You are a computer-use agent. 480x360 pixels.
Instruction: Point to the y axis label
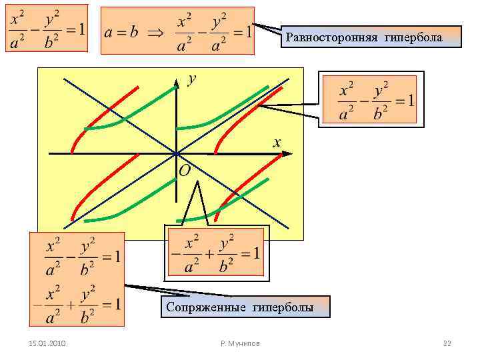[192, 79]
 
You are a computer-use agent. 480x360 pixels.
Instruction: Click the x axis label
[277, 141]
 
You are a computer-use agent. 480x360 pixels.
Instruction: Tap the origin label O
[185, 171]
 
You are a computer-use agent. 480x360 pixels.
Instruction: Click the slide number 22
[447, 343]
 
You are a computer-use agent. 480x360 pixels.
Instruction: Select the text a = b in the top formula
[122, 31]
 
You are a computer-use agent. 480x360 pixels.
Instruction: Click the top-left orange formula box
[46, 29]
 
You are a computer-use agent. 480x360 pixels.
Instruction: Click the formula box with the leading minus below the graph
[216, 253]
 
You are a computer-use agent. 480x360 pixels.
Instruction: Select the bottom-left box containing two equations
[77, 279]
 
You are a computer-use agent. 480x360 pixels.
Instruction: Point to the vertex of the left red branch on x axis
[138, 153]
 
